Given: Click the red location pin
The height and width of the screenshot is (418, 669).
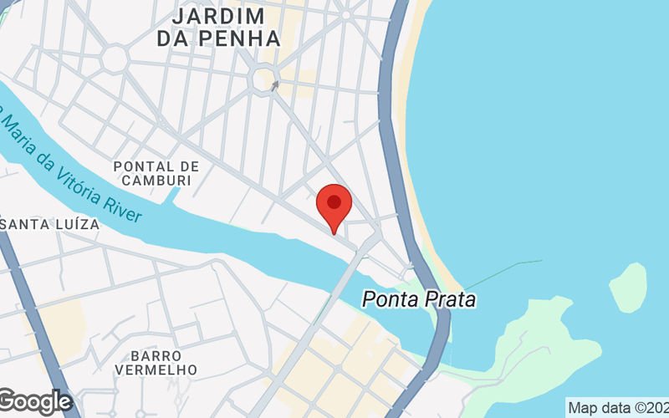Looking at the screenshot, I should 334,207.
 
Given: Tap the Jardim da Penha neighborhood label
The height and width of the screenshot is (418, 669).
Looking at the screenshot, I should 218,27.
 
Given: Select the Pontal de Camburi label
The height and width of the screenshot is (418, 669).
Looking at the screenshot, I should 156,173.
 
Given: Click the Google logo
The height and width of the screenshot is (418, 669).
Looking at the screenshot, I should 35,402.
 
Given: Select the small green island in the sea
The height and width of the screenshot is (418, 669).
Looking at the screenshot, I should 628,286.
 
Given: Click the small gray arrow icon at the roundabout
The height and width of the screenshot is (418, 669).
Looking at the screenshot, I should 273,84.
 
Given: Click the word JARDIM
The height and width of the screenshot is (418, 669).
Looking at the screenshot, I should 218,16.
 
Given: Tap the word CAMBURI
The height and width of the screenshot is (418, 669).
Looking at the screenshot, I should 156,181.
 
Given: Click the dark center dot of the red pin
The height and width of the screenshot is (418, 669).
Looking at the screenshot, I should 334,201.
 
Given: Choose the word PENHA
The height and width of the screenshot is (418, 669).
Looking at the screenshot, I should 240,38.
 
